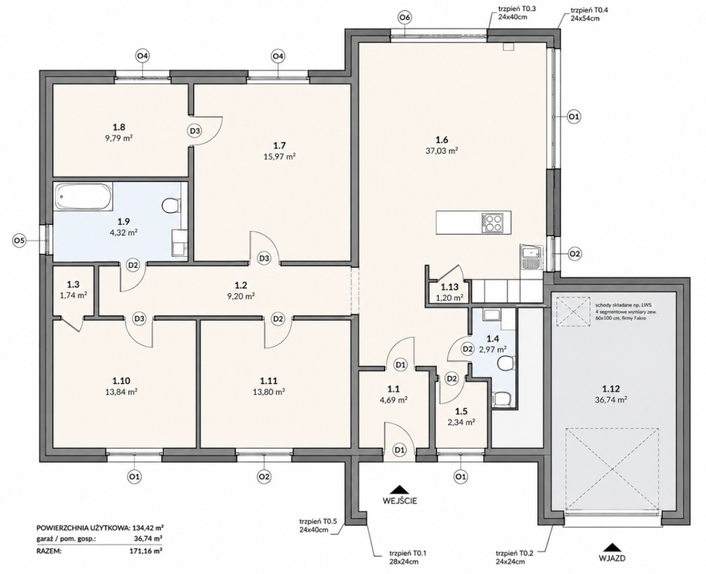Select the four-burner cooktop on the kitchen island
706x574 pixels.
pos(491,222)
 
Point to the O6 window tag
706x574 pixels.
pos(405,18)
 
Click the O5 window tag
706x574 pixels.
pos(19,240)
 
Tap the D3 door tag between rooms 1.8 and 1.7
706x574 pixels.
pos(195,131)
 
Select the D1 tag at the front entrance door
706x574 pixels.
pos(400,450)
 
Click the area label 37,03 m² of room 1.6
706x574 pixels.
pos(441,151)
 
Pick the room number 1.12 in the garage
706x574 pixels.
pos(611,388)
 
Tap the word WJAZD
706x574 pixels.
pos(612,558)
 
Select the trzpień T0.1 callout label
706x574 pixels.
pos(408,558)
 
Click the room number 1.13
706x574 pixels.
pos(449,287)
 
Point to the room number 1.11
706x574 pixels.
pos(269,380)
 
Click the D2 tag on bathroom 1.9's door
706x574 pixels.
pos(133,265)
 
